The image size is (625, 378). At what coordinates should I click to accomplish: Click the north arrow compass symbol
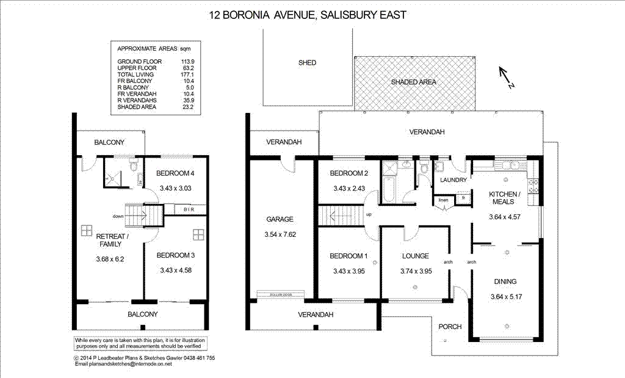tap(507, 78)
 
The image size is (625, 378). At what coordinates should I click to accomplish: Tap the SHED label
tap(307, 62)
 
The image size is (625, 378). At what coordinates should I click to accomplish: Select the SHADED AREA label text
tap(414, 82)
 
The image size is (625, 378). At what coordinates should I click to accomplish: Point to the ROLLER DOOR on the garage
tap(280, 294)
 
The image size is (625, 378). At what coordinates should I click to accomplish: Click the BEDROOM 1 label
tap(345, 256)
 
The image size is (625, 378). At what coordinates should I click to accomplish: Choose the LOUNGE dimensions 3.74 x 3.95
tap(415, 271)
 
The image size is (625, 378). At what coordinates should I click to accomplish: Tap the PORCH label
tap(450, 326)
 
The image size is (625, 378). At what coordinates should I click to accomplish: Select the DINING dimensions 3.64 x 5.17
tap(506, 297)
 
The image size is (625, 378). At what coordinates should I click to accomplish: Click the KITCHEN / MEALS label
tap(504, 198)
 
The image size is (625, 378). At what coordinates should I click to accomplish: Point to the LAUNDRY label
tap(453, 180)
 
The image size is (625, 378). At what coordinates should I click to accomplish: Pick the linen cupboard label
tap(443, 200)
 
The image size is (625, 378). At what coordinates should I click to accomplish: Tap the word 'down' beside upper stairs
tap(118, 216)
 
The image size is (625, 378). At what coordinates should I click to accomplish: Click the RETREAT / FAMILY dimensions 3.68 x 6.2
tap(110, 259)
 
